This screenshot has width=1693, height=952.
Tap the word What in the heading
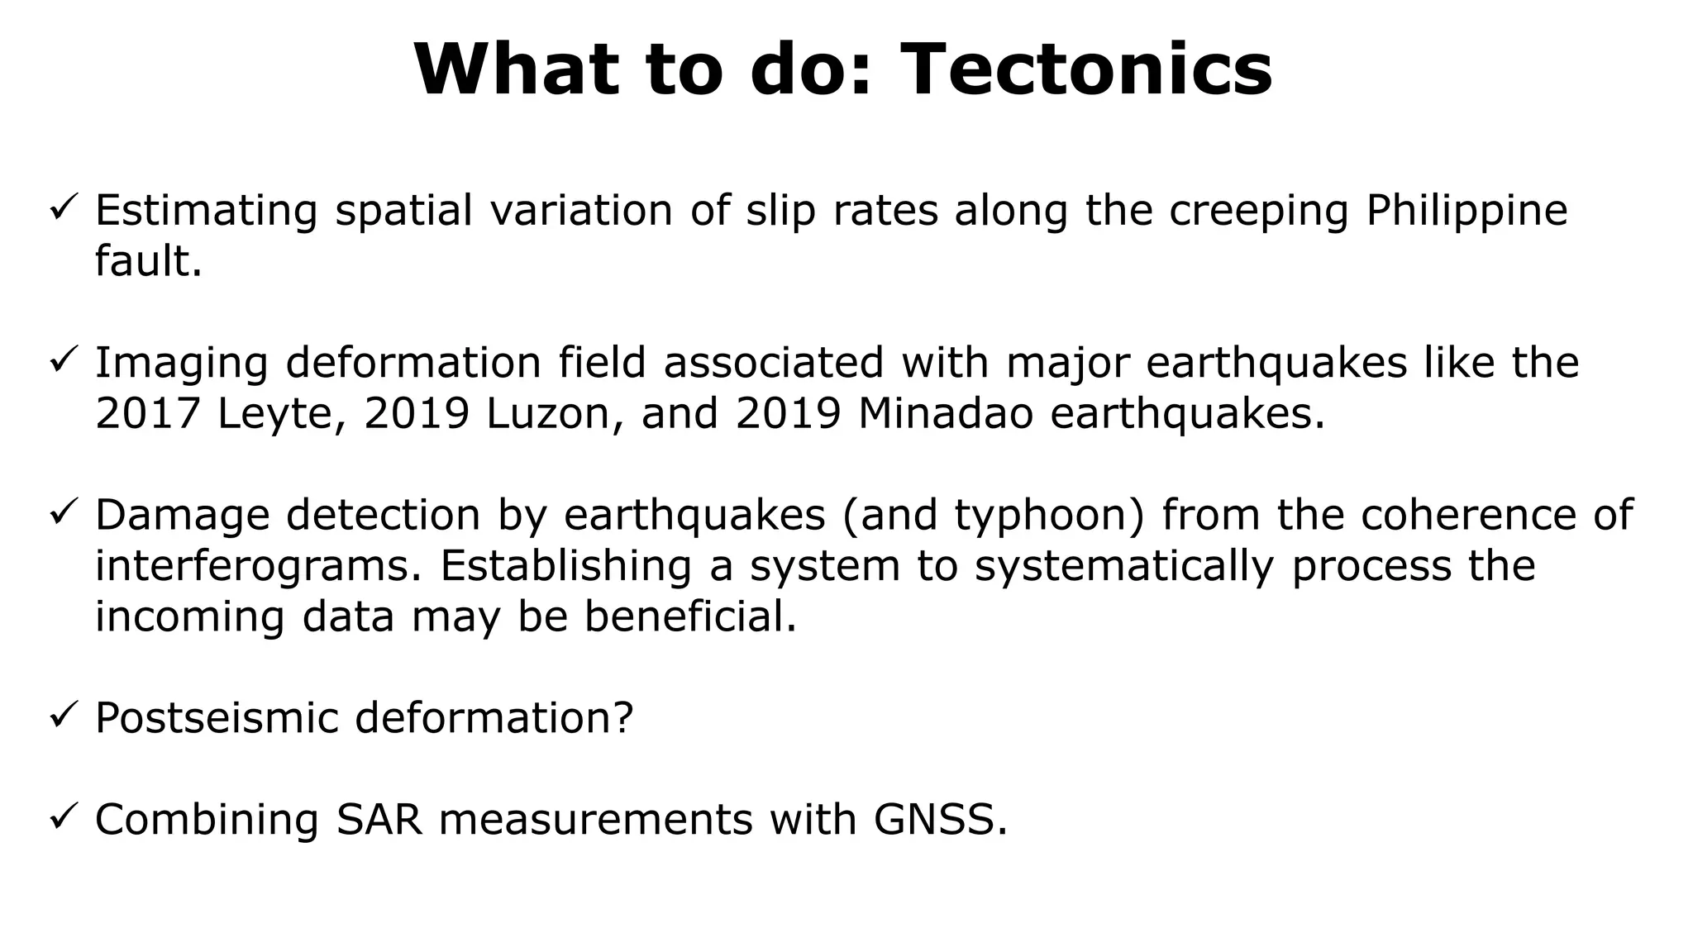[x=517, y=69]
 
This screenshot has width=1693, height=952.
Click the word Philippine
[x=1466, y=211]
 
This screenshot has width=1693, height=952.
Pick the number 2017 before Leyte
[x=148, y=413]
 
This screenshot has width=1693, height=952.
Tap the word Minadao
[x=945, y=413]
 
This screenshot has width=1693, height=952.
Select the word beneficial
[x=690, y=616]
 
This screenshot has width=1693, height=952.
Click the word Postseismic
[x=217, y=717]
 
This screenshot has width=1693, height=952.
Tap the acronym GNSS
[x=940, y=819]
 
